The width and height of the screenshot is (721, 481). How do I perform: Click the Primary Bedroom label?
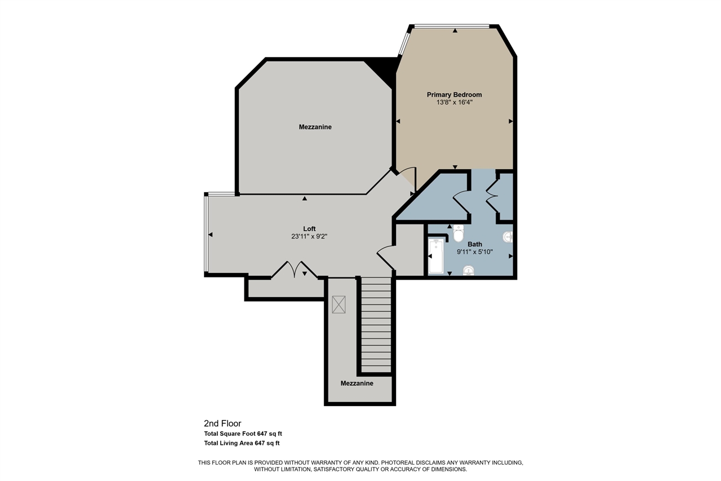click(454, 95)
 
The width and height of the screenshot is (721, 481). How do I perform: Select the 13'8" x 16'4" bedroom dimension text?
click(454, 103)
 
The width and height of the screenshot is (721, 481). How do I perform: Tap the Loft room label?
click(309, 228)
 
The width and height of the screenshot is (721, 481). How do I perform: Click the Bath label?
click(474, 244)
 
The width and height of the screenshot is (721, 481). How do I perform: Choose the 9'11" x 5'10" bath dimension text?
click(474, 252)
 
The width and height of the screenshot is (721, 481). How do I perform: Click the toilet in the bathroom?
click(459, 232)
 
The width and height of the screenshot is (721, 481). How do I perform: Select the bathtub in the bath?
click(436, 257)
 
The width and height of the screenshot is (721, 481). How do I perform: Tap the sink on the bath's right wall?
click(508, 237)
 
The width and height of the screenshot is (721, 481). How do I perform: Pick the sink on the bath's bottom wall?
click(469, 272)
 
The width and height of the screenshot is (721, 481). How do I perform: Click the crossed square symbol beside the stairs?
click(339, 305)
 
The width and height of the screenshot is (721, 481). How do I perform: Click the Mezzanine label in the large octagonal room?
click(315, 127)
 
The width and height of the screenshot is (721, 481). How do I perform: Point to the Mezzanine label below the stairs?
click(357, 383)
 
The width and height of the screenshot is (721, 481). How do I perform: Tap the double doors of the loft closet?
click(295, 270)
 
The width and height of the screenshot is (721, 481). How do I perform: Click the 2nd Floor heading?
click(222, 423)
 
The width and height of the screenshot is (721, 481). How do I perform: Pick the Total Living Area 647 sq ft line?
click(242, 443)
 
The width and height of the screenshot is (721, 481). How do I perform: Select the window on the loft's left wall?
click(206, 234)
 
